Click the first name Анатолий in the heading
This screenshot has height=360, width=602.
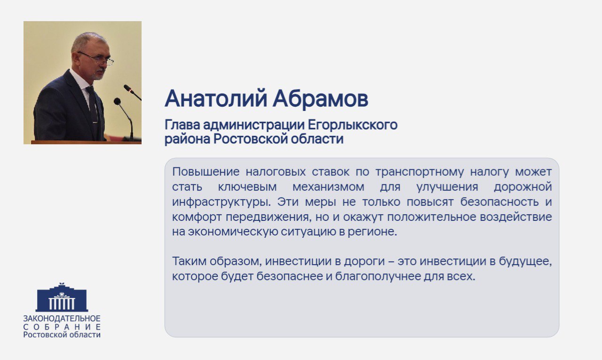click(x=216, y=99)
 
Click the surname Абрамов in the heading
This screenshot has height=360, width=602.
click(x=320, y=98)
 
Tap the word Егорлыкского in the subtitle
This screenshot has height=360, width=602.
click(x=353, y=125)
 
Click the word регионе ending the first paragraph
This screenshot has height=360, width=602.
click(x=376, y=232)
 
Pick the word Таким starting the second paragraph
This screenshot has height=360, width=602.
click(x=188, y=261)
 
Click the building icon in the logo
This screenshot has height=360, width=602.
click(x=62, y=298)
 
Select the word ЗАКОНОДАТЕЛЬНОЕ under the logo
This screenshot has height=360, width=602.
click(x=62, y=319)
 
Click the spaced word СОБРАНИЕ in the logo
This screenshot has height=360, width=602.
click(x=62, y=327)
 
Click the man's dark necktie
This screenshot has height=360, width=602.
click(x=93, y=106)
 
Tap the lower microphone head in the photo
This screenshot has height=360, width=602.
click(x=118, y=102)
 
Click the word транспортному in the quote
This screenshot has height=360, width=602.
click(x=412, y=172)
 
